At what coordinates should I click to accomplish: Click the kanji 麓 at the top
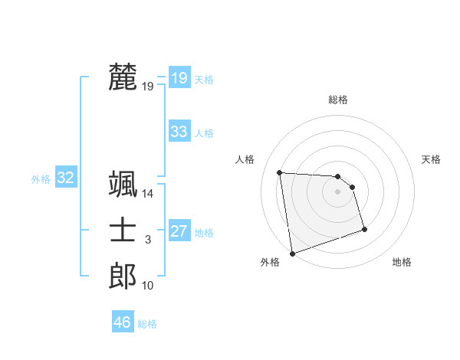123,77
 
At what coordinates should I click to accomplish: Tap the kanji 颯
123,185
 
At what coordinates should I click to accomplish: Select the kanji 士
123,231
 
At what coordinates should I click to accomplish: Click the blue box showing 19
179,77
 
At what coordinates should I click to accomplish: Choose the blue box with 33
179,132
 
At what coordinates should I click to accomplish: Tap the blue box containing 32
66,178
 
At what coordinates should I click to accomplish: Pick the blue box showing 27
179,231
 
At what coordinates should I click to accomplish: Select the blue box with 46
123,322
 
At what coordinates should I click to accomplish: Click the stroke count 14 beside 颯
148,195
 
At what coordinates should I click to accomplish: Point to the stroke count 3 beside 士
148,241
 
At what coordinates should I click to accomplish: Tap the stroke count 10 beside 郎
148,286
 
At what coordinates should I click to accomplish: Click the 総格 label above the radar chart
338,100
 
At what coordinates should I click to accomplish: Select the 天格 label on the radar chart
431,159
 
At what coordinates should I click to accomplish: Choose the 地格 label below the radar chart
402,263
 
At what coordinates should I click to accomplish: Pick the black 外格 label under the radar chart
270,263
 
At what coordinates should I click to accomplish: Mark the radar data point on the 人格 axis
280,172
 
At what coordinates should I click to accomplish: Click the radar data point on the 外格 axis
292,253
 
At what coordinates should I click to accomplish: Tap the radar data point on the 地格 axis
364,229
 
